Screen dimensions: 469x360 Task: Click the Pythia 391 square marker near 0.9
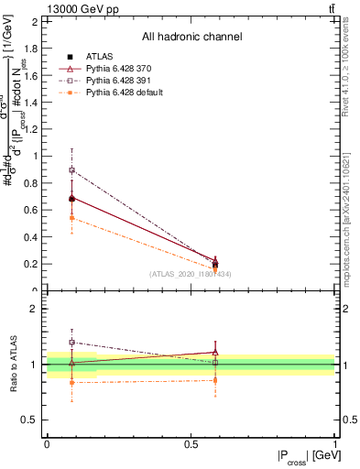coord(72,170)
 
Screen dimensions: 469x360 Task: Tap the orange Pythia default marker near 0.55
coord(72,217)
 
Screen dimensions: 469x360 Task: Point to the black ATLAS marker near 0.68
coord(72,198)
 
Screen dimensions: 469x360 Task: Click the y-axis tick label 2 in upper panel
coord(37,21)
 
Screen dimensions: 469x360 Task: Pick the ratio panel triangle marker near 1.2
coord(215,352)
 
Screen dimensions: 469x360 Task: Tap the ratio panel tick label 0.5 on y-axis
coord(33,420)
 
